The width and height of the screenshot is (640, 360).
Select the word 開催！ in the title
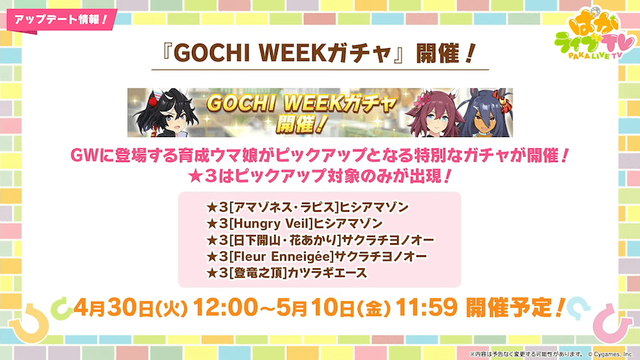[443, 56]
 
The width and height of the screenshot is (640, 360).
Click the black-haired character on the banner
[167, 113]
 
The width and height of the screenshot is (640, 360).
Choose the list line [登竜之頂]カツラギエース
[286, 274]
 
